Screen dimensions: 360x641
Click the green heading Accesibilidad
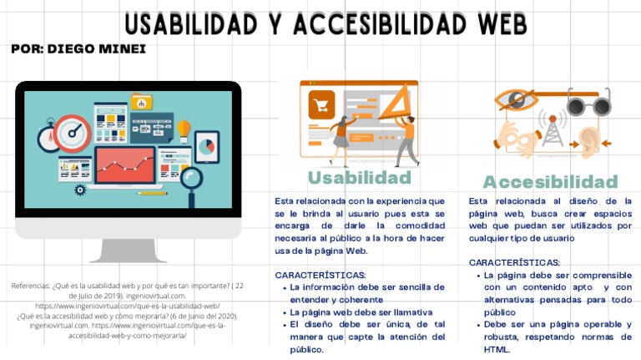[x=550, y=182]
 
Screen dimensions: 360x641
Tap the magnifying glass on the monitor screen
[x=191, y=179]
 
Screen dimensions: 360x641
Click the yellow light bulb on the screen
[x=184, y=129]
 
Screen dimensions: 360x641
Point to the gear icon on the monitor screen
[x=80, y=190]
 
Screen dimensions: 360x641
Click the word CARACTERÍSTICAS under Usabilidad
[x=319, y=275]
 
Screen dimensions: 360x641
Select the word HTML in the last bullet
[x=496, y=349]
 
